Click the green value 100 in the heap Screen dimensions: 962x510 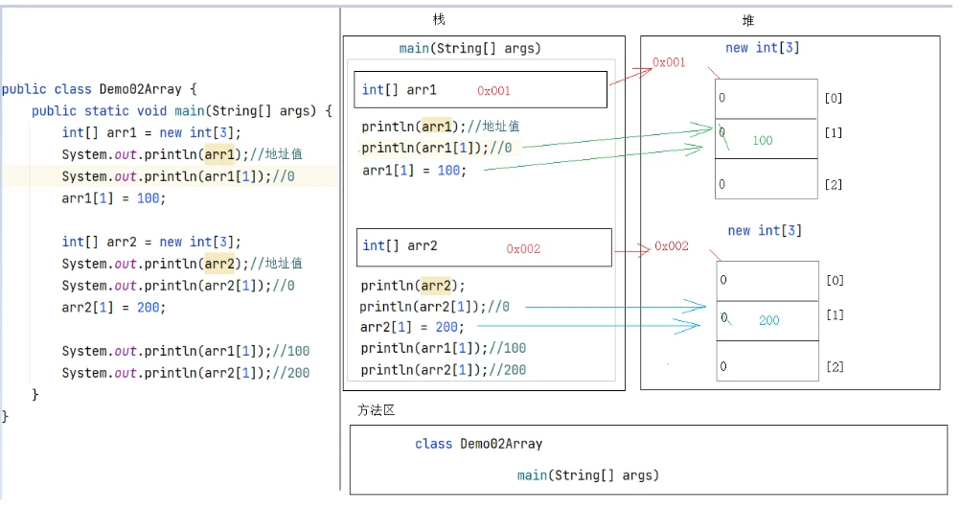(763, 141)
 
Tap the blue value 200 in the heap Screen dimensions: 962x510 (768, 320)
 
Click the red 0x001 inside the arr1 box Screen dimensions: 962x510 (493, 91)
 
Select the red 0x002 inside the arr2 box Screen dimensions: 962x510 (523, 248)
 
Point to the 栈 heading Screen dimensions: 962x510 (439, 19)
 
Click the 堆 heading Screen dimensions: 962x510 (748, 21)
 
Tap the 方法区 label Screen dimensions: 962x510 (377, 410)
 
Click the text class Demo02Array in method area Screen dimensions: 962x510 (478, 444)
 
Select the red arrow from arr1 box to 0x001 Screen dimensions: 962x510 (630, 77)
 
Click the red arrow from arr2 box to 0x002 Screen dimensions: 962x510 (632, 250)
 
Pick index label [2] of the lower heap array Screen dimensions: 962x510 (835, 367)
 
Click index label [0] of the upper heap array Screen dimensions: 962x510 (834, 98)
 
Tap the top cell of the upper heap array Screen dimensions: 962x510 (767, 99)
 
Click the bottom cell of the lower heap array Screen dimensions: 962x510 (767, 360)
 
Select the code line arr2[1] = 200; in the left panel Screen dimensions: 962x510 (113, 308)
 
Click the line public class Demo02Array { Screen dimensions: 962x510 (100, 89)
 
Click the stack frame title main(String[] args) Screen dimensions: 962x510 (470, 49)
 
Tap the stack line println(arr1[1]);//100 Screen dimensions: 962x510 (443, 349)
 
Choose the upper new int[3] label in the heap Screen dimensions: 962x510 (763, 48)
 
